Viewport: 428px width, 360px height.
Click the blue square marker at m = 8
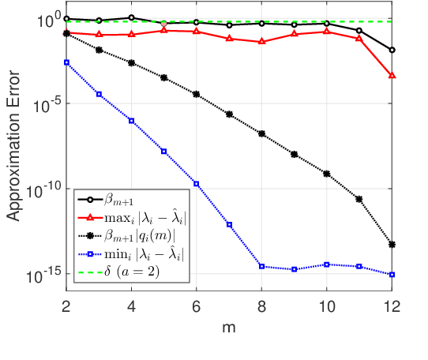(261, 266)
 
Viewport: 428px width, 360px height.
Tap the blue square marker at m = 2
(66, 62)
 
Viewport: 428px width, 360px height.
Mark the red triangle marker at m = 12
(392, 76)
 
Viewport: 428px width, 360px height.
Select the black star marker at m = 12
(392, 244)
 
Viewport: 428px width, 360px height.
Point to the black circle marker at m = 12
(392, 50)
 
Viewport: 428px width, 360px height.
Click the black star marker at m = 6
(197, 94)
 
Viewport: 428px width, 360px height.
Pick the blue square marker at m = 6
(197, 184)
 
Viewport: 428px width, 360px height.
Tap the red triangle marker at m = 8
(261, 41)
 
